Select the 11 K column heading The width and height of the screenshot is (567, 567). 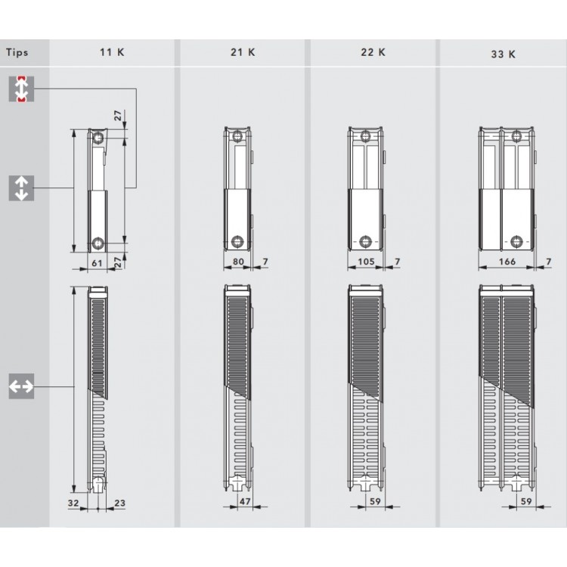pyautogui.click(x=113, y=53)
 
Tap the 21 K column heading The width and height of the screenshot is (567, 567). pyautogui.click(x=242, y=53)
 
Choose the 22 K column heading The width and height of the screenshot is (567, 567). pyautogui.click(x=373, y=52)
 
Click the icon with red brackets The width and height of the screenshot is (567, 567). pyautogui.click(x=22, y=89)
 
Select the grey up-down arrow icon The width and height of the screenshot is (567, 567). pyautogui.click(x=22, y=187)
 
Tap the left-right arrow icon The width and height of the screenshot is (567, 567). pyautogui.click(x=22, y=387)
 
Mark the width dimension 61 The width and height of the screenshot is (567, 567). pyautogui.click(x=96, y=262)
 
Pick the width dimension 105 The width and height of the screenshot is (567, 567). pyautogui.click(x=367, y=262)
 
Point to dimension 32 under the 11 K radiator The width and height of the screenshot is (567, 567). pyautogui.click(x=73, y=502)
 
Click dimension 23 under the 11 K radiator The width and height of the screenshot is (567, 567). pyautogui.click(x=119, y=502)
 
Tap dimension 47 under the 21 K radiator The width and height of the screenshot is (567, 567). pyautogui.click(x=244, y=502)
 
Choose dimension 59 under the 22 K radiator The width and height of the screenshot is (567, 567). pyautogui.click(x=373, y=502)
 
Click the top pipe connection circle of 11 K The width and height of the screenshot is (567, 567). pyautogui.click(x=98, y=138)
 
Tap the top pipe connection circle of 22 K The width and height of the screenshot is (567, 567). pyautogui.click(x=367, y=138)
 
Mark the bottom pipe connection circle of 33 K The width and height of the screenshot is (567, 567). pyautogui.click(x=516, y=242)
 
